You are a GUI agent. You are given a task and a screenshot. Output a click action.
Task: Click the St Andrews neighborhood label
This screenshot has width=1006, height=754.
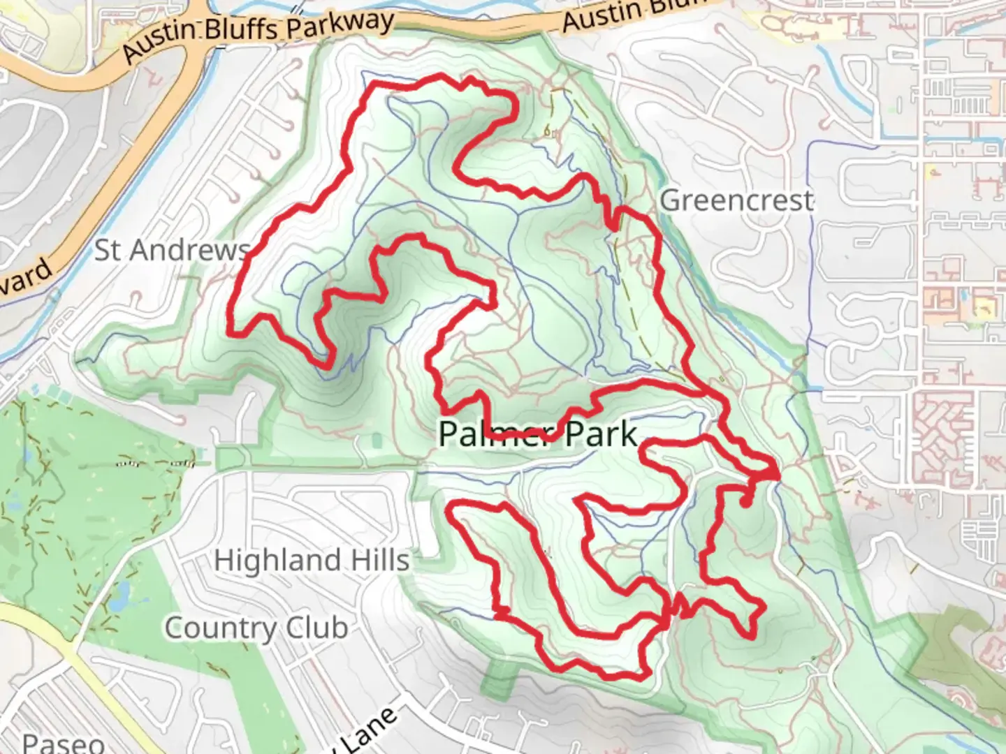click(172, 250)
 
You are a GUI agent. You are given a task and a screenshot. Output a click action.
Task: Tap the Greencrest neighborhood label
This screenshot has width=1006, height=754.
click(737, 201)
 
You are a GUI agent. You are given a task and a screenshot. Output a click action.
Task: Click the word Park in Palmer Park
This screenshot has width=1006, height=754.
click(602, 434)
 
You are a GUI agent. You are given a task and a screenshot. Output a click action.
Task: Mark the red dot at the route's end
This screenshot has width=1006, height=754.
click(745, 501)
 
